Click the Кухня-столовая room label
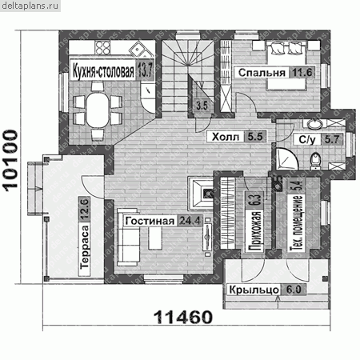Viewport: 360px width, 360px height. point(103,71)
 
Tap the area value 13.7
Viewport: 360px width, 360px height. point(145,71)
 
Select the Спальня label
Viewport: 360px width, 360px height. point(262,73)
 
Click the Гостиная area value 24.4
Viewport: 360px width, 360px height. point(190,221)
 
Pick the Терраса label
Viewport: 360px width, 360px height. point(85,246)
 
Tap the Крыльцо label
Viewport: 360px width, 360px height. point(254,290)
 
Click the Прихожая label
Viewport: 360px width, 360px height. point(255,231)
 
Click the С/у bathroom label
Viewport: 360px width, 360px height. point(307,139)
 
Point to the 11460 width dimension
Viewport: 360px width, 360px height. point(183,317)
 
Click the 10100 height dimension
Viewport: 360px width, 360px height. point(10,161)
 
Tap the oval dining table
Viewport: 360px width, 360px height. point(98,110)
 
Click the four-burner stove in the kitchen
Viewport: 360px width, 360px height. point(103,47)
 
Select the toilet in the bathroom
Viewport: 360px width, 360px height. point(316,161)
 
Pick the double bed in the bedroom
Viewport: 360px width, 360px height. point(286,66)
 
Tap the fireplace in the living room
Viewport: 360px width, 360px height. point(201,193)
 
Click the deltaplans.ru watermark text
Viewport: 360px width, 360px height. point(30,6)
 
